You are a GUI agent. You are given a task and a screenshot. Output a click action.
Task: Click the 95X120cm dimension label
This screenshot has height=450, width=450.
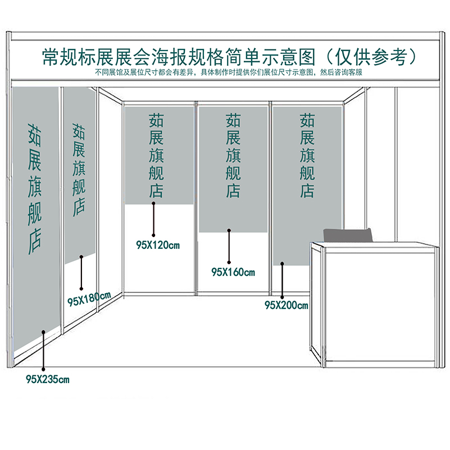click(157, 245)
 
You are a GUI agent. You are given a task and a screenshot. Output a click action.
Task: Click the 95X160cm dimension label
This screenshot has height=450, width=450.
click(233, 272)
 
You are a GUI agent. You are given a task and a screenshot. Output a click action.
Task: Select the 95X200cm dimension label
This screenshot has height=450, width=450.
click(286, 306)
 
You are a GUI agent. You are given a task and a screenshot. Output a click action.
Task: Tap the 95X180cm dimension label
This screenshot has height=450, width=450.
click(89, 298)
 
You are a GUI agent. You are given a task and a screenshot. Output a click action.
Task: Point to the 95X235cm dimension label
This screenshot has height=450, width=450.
click(47, 379)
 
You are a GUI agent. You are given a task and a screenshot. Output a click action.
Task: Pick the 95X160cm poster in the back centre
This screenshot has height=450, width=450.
click(233, 169)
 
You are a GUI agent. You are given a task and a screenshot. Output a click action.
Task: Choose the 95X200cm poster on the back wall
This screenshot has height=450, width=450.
click(307, 185)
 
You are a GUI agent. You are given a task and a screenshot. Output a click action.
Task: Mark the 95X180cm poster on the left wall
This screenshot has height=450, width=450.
click(79, 174)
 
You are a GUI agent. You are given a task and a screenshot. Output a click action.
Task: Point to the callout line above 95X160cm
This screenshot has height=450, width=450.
click(229, 246)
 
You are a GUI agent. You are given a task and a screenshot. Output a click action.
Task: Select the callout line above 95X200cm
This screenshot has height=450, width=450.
click(282, 279)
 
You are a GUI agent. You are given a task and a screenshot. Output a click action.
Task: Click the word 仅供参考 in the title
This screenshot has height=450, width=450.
click(371, 57)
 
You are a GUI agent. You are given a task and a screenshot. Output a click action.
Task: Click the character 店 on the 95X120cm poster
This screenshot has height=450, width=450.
click(156, 190)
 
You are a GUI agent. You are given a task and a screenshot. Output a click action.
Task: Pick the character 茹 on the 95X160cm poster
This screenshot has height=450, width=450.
click(233, 120)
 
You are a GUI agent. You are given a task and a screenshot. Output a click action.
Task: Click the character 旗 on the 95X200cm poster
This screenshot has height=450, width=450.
click(307, 155)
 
